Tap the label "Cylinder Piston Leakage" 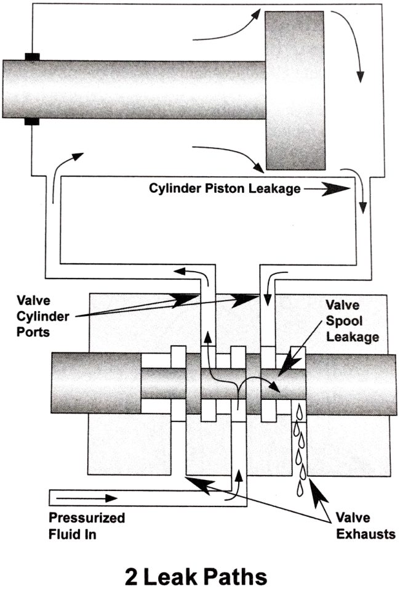coord(225,189)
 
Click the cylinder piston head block coord(295,91)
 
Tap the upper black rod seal coord(33,57)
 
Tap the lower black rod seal coord(33,121)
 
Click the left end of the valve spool coord(87,383)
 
